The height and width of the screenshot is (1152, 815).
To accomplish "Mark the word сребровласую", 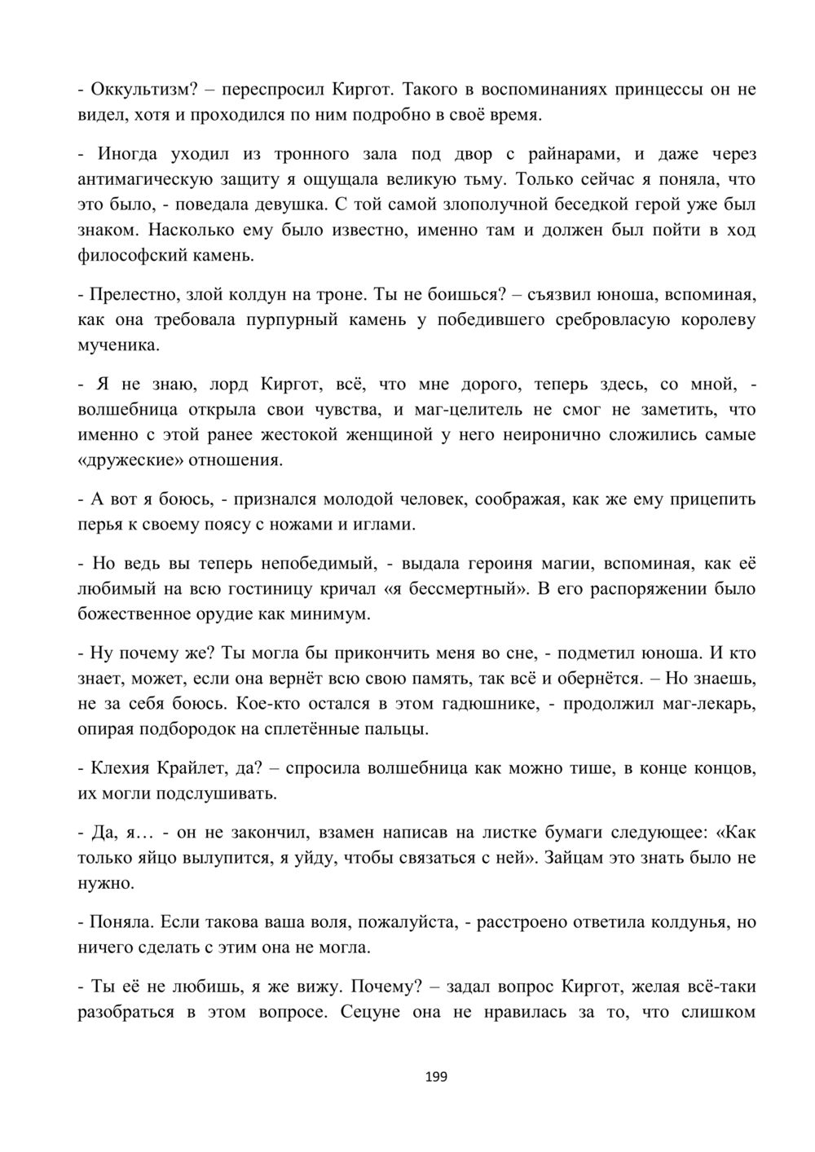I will (x=606, y=320).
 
